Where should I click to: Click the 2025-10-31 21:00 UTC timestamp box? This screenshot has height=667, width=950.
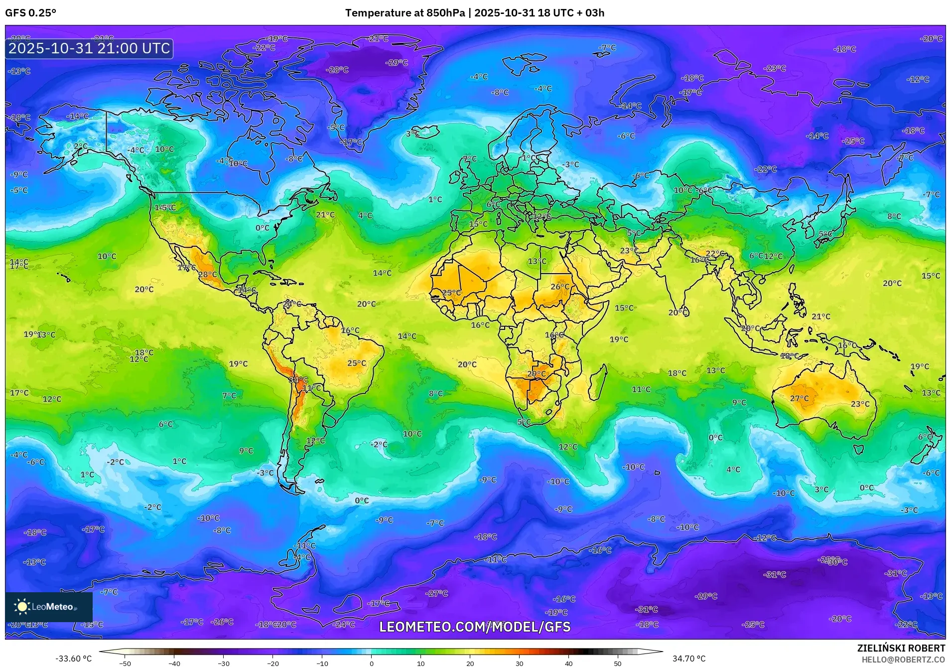click(89, 48)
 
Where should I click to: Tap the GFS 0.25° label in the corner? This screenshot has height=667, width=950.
click(30, 13)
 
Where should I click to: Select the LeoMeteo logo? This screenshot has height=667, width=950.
click(49, 607)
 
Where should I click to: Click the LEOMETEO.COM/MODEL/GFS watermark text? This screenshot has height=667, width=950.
click(475, 627)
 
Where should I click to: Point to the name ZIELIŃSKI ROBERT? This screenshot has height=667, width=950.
click(901, 648)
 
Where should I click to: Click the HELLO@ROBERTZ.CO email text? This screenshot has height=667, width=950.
click(903, 660)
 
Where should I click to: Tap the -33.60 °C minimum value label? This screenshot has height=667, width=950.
click(73, 659)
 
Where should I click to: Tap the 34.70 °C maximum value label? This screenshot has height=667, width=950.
click(689, 659)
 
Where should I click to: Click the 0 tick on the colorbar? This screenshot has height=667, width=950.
click(371, 663)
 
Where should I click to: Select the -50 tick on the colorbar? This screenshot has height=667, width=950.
click(125, 663)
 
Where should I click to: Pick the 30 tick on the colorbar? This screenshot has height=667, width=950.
click(519, 663)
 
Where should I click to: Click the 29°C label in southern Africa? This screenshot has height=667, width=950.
click(536, 374)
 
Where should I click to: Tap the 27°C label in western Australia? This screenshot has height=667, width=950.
click(799, 398)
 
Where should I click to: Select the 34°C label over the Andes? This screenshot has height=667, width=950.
click(298, 380)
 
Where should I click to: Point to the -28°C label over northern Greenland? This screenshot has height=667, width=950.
click(337, 70)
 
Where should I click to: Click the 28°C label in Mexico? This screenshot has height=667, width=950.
click(207, 274)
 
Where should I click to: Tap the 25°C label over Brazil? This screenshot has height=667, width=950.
click(356, 363)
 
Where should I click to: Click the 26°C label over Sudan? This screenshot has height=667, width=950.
click(559, 287)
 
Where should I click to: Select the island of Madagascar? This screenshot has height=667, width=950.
click(598, 381)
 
